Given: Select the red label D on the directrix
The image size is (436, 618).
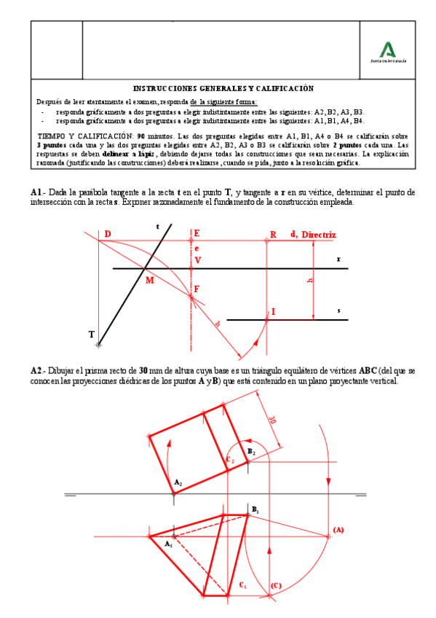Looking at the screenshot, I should pyautogui.click(x=107, y=234).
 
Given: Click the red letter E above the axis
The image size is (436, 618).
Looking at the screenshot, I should pyautogui.click(x=197, y=234).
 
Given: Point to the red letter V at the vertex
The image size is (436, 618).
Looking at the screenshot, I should pyautogui.click(x=197, y=260).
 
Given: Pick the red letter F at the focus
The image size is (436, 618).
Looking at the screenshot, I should pyautogui.click(x=197, y=289).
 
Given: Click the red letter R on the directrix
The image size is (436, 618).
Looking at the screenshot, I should pyautogui.click(x=273, y=235).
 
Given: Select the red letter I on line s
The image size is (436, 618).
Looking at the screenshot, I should pyautogui.click(x=273, y=312).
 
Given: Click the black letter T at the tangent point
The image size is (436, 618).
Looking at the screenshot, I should pyautogui.click(x=92, y=335).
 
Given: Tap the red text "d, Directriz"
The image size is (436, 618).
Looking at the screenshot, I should pyautogui.click(x=313, y=235).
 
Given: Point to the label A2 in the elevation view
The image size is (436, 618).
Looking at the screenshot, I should pyautogui.click(x=178, y=482).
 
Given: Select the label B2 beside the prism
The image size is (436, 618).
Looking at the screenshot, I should pyautogui.click(x=251, y=453).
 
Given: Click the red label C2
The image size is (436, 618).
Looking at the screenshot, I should pyautogui.click(x=229, y=460).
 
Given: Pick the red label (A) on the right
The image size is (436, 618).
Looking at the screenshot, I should pyautogui.click(x=338, y=529).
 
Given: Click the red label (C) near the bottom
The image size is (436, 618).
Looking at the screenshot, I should pyautogui.click(x=275, y=585).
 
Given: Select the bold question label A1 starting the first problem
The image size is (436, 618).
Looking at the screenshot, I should pyautogui.click(x=36, y=192).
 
